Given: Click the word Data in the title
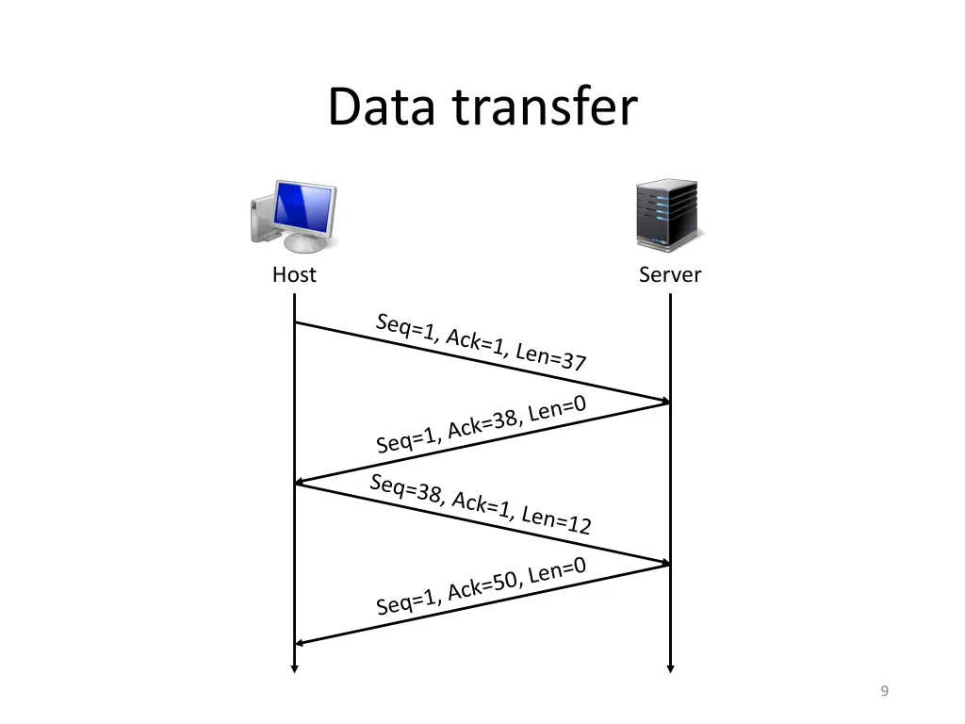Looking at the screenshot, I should coord(381,107).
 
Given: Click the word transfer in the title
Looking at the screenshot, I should coord(544,107).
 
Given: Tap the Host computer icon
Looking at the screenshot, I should coord(293,217).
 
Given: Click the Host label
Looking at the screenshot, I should coord(294,275).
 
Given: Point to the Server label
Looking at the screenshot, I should coord(670,275).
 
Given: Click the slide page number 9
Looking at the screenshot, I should coord(884,692).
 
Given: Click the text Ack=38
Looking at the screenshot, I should coord(483,423).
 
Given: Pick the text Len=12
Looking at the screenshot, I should coord(556,519).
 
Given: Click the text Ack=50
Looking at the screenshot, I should coord(483,585).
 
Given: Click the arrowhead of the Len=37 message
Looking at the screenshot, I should coord(665,402).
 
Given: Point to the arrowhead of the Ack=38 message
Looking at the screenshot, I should coord(300,483).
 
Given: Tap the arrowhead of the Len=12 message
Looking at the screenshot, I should coord(665,563).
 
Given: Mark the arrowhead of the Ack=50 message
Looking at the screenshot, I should coord(300,644).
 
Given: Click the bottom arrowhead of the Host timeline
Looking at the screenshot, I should coord(294,669).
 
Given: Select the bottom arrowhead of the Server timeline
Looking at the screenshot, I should coord(670,669).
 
